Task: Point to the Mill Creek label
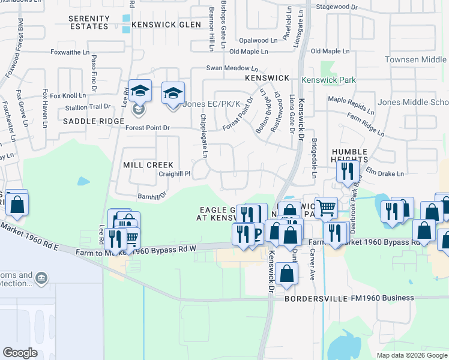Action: (148, 165)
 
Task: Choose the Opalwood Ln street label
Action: (258, 40)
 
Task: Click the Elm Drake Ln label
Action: (385, 173)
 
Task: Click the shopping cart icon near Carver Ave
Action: (326, 208)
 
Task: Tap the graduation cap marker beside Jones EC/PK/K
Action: (173, 95)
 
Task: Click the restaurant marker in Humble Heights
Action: (347, 172)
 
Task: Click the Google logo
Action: (20, 353)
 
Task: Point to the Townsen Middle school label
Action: (424, 60)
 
